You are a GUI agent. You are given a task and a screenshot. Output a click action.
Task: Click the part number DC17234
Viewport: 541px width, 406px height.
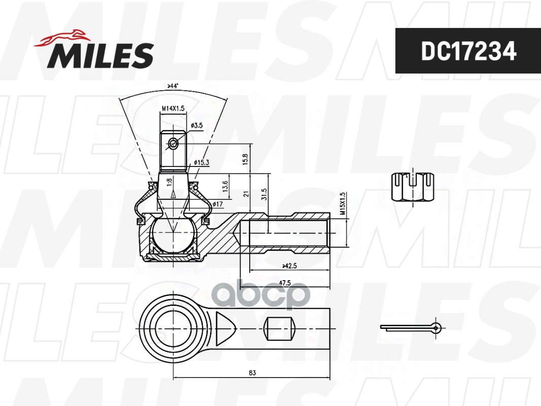(468, 51)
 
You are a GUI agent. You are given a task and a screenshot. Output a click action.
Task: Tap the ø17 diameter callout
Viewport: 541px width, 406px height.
(218, 204)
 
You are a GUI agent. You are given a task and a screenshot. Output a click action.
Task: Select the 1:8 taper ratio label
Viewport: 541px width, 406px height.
(168, 180)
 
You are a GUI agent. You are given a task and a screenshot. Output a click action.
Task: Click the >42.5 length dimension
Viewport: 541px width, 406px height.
(289, 265)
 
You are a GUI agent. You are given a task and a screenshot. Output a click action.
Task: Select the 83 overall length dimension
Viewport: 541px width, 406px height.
(252, 373)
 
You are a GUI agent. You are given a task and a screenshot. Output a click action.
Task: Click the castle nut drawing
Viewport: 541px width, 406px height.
(414, 188)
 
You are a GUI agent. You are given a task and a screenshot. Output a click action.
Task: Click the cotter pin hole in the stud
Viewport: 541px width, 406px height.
(173, 144)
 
